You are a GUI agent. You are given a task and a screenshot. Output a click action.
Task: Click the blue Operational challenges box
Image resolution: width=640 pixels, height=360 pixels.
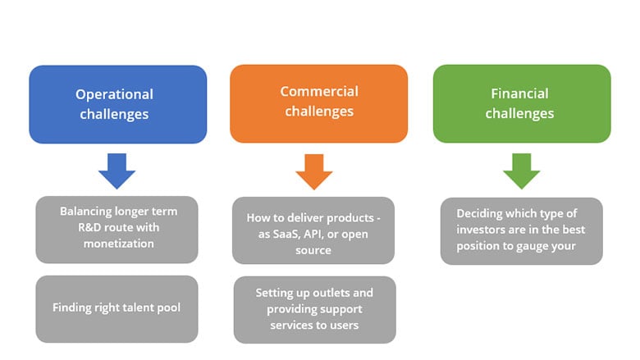coord(118,104)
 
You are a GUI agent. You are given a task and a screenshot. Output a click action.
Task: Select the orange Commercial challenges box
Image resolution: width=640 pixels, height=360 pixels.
coord(319,103)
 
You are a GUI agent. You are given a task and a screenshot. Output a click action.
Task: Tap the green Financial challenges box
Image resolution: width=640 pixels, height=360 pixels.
coord(522,103)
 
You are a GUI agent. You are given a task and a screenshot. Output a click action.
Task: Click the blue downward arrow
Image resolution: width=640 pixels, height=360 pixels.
coord(117,171)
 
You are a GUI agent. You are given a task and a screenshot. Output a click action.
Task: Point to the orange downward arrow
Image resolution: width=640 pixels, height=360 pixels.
coord(314,172)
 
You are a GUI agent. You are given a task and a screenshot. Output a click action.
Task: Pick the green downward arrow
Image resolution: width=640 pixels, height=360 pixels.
coord(522,171)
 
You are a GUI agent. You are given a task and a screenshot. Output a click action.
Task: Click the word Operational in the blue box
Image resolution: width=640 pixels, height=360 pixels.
coord(114,94)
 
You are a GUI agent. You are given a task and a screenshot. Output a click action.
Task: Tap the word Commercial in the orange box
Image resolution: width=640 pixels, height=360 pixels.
coord(319,91)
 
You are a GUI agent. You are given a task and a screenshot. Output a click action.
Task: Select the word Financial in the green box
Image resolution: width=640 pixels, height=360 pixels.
coord(519,93)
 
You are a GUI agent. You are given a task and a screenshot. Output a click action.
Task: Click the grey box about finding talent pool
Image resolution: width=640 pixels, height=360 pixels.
coord(117,309)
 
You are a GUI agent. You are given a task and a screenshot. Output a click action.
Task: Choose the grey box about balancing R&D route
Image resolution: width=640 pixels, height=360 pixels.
coord(117,230)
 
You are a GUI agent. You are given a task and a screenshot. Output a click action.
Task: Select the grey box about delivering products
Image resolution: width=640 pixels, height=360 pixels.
coord(313,230)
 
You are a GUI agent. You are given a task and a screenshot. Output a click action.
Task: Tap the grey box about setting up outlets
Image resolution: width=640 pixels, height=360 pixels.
coord(315,310)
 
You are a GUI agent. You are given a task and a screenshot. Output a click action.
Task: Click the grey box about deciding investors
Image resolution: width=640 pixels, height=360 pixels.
coord(522,231)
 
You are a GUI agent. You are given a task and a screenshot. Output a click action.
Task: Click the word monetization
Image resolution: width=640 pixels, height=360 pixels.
coord(119,244)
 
